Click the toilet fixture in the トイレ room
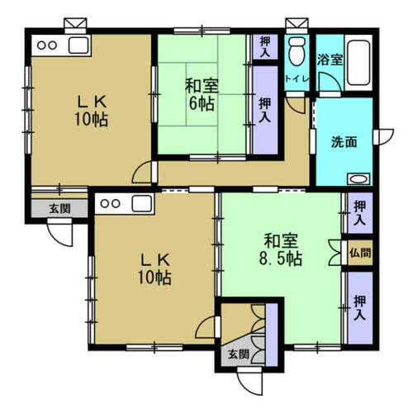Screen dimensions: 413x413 297,51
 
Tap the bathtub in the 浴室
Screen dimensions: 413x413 358,63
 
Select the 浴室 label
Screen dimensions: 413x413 330,59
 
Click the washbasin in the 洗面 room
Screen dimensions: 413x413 358,179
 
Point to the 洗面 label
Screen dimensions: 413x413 344,142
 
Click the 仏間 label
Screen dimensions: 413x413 360,253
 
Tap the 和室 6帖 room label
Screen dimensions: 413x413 202,94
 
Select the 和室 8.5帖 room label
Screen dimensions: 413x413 281,249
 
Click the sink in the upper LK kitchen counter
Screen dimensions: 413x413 78,45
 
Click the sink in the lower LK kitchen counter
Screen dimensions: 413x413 141,204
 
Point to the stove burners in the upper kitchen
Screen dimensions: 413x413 47,45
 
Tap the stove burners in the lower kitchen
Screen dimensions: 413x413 110,204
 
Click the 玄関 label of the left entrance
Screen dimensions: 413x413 59,209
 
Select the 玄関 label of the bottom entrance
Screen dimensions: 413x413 239,354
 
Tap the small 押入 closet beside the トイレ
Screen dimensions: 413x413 265,47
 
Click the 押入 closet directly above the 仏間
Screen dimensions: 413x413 360,213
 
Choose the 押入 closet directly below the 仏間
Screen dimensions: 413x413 360,308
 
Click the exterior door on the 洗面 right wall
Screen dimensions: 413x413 383,136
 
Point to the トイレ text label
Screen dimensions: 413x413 297,79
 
